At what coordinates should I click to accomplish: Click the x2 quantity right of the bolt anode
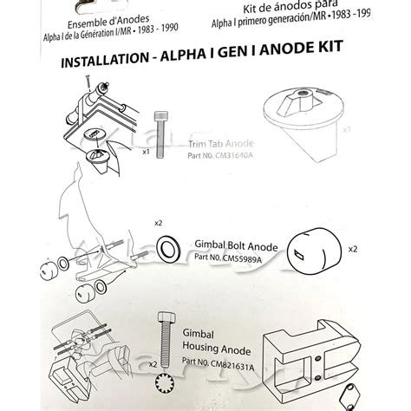353,248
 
